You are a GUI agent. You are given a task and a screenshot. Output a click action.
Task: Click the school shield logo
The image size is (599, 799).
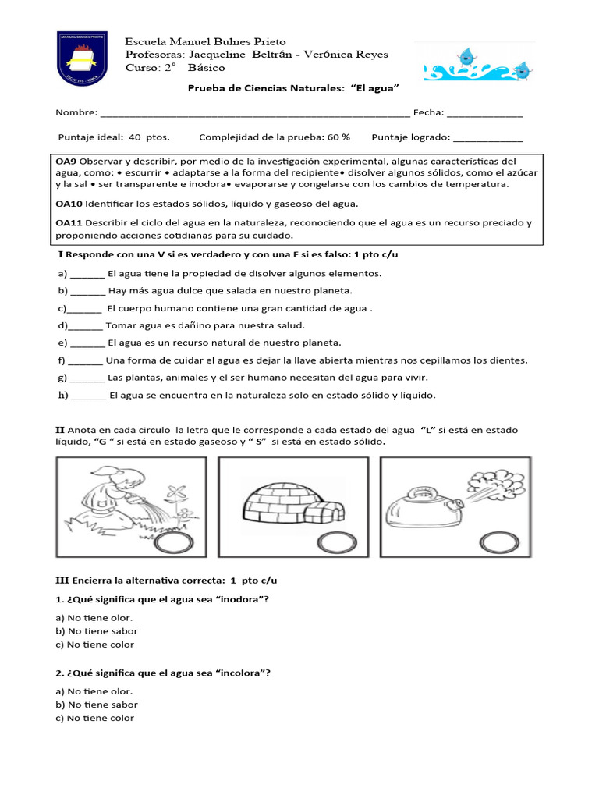pyautogui.click(x=82, y=59)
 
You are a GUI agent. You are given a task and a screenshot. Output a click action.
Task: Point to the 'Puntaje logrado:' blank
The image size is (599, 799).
pyautogui.click(x=487, y=138)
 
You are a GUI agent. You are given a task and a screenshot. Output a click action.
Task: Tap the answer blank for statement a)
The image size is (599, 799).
pyautogui.click(x=87, y=275)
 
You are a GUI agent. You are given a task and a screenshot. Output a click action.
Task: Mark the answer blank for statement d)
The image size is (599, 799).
pyautogui.click(x=86, y=326)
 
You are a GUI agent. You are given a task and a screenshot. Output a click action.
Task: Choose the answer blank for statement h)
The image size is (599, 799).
pyautogui.click(x=89, y=396)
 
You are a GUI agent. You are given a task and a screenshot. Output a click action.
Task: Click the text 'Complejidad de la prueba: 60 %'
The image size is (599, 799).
pyautogui.click(x=275, y=137)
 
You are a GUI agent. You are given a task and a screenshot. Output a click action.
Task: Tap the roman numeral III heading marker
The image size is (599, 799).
pyautogui.click(x=62, y=581)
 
